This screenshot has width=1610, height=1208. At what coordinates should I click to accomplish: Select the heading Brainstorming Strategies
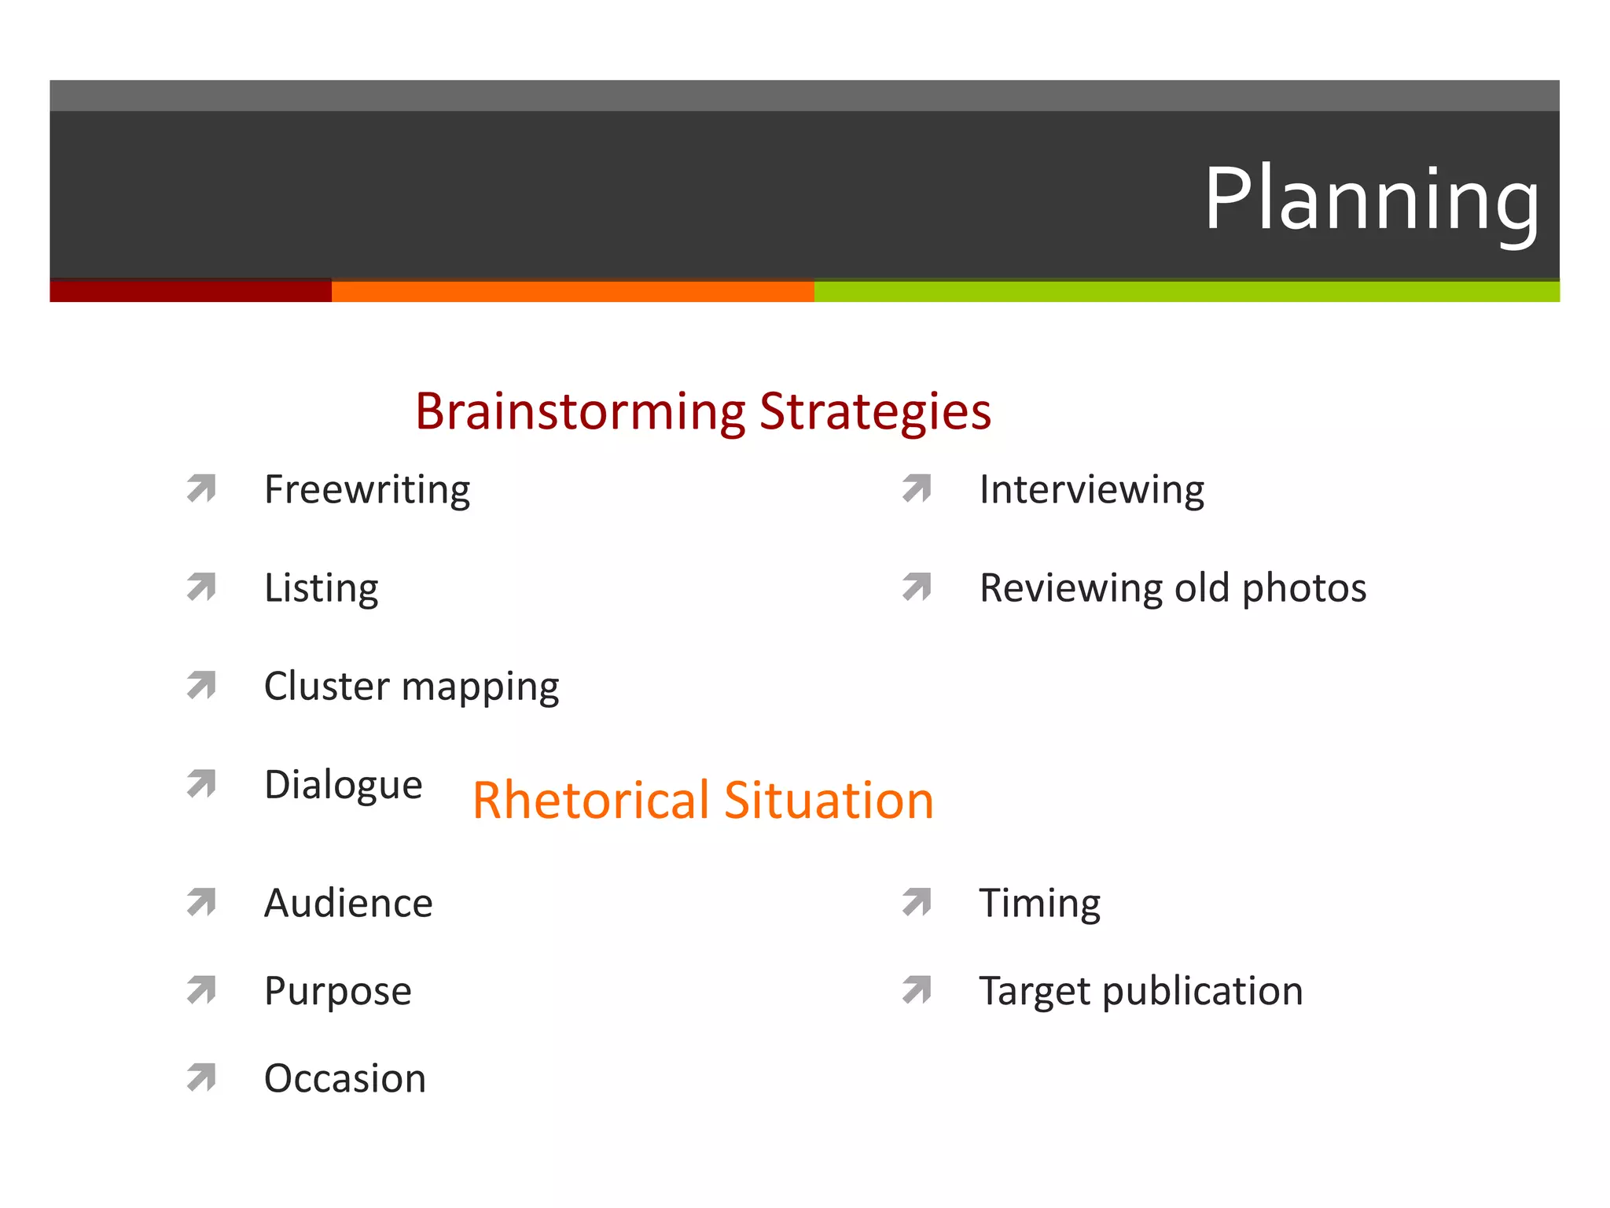(703, 411)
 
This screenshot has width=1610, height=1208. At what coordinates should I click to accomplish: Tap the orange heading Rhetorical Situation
(703, 801)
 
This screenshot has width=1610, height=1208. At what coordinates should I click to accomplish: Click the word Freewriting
(367, 490)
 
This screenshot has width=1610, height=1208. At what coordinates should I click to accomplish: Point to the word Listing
(321, 588)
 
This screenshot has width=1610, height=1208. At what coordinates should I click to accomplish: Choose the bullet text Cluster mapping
(411, 687)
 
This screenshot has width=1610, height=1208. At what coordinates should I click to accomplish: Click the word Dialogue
(344, 785)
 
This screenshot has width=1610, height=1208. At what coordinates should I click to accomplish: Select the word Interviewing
(1091, 490)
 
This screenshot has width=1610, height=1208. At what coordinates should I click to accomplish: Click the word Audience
(348, 903)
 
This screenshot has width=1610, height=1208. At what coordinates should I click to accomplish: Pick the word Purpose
(338, 991)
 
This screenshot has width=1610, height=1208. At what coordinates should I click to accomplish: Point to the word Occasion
(345, 1078)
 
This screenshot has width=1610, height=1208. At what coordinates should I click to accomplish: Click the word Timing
(1039, 903)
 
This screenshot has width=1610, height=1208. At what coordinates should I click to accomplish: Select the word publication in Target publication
(1202, 991)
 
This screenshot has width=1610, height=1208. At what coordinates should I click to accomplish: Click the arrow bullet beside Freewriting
(202, 488)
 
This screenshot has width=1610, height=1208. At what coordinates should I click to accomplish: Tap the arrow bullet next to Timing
(917, 902)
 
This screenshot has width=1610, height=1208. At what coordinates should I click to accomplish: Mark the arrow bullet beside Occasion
(202, 1077)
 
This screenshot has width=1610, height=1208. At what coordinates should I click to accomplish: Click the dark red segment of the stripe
(190, 290)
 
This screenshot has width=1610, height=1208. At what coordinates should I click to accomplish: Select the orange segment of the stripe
(572, 291)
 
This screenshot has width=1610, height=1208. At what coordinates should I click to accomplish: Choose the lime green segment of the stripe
(1186, 291)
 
